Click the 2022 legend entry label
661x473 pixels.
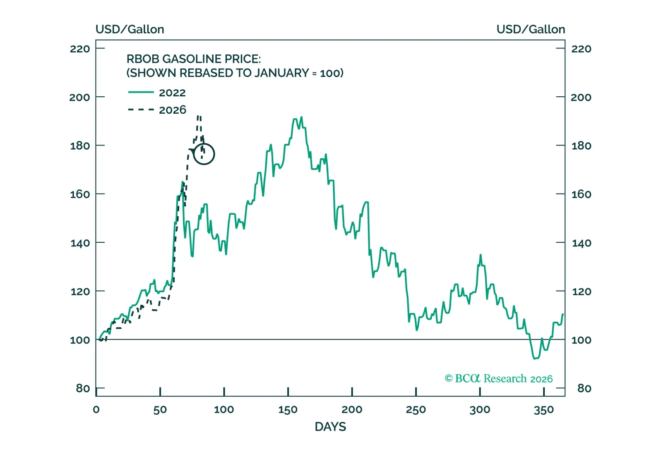pos(172,93)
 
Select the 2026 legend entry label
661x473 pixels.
pos(172,110)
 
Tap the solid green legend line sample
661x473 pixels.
pos(141,92)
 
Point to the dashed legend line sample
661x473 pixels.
pos(141,110)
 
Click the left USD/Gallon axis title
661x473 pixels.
pos(130,29)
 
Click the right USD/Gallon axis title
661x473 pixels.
pos(531,29)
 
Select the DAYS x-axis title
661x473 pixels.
pos(330,427)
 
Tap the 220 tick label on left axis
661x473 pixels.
pos(80,49)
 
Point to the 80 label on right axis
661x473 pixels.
pos(584,388)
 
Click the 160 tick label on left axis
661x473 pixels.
pos(80,194)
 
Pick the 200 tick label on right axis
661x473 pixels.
pos(581,97)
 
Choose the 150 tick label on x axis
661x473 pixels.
pos(288,410)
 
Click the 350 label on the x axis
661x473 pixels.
pos(543,410)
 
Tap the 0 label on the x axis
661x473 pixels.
pos(96,410)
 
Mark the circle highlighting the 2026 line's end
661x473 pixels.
pos(204,154)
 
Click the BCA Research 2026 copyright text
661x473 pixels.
pos(498,378)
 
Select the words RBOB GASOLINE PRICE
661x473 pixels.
pos(193,59)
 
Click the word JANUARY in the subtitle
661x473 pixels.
pos(281,73)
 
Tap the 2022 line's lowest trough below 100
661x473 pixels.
pos(535,358)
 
